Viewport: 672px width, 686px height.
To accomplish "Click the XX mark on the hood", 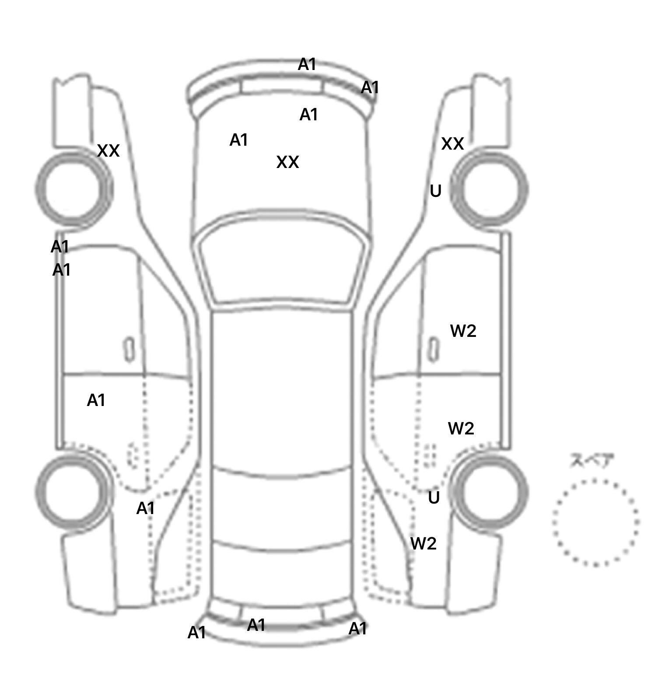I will [x=287, y=162].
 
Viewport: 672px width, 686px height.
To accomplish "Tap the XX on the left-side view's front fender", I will [x=108, y=151].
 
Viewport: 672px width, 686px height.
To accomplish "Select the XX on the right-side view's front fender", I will [x=452, y=143].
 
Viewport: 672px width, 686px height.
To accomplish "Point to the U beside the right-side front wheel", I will [x=435, y=191].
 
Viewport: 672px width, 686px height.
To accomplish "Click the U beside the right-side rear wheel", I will [x=434, y=498].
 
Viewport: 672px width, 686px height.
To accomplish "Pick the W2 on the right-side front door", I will [x=463, y=331].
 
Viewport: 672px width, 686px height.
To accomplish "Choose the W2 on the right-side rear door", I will [x=461, y=428].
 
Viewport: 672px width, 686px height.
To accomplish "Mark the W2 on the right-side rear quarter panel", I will [x=423, y=543].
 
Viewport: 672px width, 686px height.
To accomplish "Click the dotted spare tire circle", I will [x=595, y=522].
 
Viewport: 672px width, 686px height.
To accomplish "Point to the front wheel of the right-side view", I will [x=490, y=189].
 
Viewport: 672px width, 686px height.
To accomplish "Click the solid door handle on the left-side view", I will [x=129, y=350].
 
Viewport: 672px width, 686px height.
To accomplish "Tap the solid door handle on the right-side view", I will [x=433, y=350].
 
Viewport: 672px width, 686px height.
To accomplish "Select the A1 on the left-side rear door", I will [x=96, y=400].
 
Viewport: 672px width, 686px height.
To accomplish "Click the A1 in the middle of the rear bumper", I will [x=256, y=625].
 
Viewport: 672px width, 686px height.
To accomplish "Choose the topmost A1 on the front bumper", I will [x=307, y=64].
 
